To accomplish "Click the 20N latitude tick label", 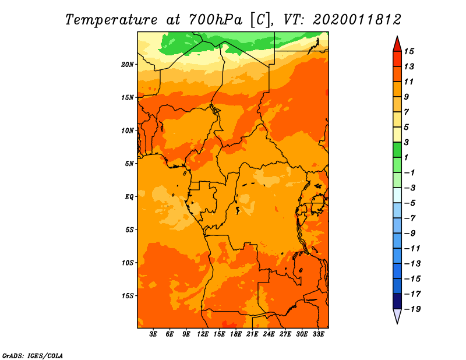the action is click(x=128, y=65).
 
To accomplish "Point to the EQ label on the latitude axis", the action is click(x=129, y=197).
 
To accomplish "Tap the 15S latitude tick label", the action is click(x=128, y=296).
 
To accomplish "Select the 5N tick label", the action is click(x=129, y=164).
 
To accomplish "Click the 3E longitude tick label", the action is click(x=153, y=334).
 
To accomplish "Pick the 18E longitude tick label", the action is click(x=236, y=334).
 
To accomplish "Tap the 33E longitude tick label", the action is click(x=318, y=334).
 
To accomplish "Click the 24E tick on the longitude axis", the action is click(x=269, y=334).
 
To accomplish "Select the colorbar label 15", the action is click(x=409, y=51).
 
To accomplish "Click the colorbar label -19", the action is click(x=412, y=309).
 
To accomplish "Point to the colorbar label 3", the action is click(x=407, y=142).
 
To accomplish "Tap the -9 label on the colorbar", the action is click(x=410, y=234).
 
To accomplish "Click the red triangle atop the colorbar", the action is click(x=397, y=44).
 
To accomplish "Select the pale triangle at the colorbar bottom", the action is click(x=397, y=315).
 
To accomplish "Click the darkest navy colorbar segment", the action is click(x=397, y=301).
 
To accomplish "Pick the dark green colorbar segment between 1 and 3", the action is click(x=397, y=150).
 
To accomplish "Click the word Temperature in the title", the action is click(x=111, y=20).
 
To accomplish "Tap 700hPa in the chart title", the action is click(x=216, y=20).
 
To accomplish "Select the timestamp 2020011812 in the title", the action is click(x=357, y=20).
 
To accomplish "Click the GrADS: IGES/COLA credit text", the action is click(x=33, y=356).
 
